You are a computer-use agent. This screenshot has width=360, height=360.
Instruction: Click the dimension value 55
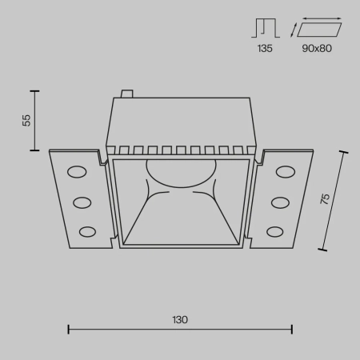click(26, 120)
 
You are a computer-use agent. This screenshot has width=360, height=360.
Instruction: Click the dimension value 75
click(325, 200)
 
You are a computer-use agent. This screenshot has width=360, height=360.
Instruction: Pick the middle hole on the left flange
click(82, 202)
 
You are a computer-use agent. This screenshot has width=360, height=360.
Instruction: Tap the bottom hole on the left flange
click(86, 231)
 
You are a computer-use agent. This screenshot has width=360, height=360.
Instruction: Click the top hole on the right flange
click(284, 171)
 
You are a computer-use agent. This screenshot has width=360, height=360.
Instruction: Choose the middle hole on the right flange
click(279, 202)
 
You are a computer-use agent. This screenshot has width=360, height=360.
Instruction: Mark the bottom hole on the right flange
click(274, 231)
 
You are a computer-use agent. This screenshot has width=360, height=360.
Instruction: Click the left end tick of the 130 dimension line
click(68, 328)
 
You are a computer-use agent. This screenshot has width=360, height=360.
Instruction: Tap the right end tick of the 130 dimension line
click(292, 328)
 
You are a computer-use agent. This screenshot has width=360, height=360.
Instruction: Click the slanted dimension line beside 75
click(335, 200)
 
